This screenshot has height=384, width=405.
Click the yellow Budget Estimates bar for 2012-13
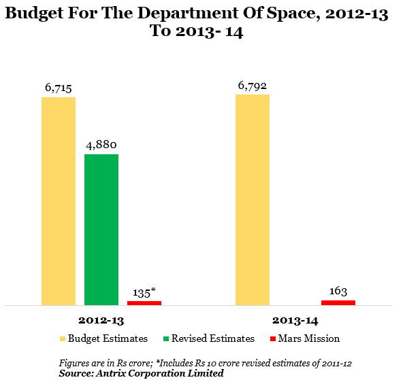(59, 201)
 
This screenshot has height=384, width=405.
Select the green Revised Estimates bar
(101, 230)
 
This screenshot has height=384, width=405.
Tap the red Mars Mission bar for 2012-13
(144, 303)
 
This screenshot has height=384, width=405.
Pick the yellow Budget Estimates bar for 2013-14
(253, 200)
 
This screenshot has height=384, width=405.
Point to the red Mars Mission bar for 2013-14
(338, 302)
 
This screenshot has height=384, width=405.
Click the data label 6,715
(59, 88)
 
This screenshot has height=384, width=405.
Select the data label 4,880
(101, 145)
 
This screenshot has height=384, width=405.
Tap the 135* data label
(144, 293)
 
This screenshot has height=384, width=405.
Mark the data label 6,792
(253, 86)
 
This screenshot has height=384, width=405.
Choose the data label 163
(338, 291)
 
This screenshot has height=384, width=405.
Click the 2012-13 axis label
(101, 321)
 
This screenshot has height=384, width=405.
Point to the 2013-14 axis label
(295, 321)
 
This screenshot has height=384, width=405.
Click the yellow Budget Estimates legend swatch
(63, 339)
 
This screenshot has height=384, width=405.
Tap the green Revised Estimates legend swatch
(166, 339)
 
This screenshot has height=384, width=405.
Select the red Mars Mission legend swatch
(273, 339)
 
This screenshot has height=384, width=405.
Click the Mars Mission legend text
(309, 338)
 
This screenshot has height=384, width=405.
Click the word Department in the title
(188, 14)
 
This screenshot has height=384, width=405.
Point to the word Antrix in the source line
(111, 373)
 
